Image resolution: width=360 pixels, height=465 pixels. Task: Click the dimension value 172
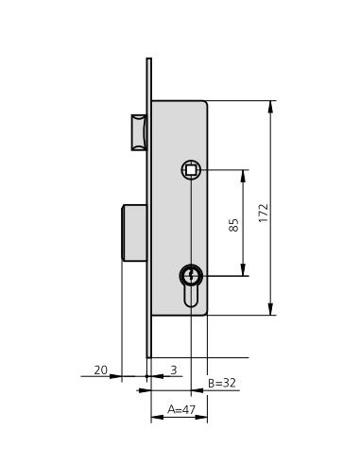(x=264, y=214)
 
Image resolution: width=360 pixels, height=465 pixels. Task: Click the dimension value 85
(x=233, y=225)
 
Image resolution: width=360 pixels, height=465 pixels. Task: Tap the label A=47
(x=181, y=409)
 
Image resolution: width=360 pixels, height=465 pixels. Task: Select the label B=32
(x=222, y=383)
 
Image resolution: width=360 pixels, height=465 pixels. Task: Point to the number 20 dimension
(x=101, y=370)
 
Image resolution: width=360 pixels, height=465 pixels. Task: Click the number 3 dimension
(x=174, y=370)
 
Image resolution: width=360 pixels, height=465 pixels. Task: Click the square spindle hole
(x=191, y=170)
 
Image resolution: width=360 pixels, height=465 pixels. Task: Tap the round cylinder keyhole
(x=191, y=276)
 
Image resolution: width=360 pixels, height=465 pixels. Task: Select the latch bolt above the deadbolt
(x=139, y=132)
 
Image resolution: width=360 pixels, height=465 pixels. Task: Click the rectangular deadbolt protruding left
(x=134, y=232)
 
